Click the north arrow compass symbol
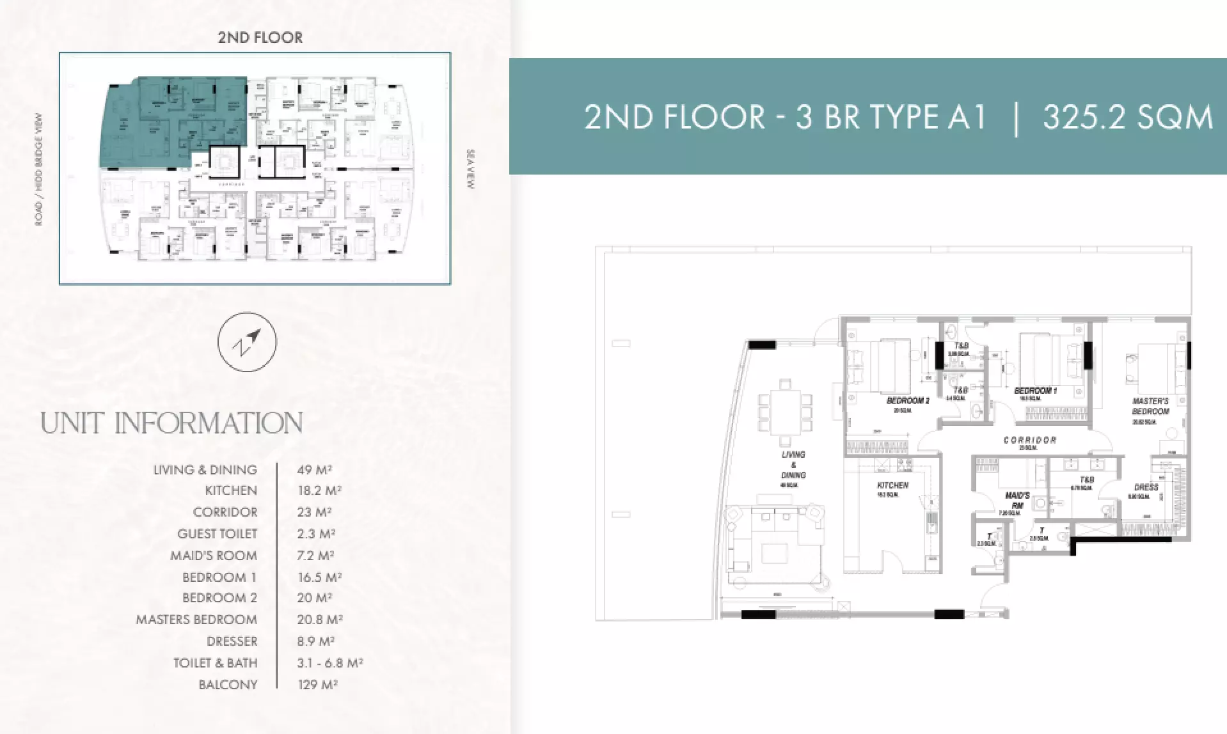[x=247, y=342]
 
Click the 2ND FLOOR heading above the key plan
[x=260, y=38]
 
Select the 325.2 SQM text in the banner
[x=1127, y=118]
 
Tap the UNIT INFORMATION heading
[x=171, y=424]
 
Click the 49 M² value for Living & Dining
[x=314, y=470]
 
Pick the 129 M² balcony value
[x=317, y=685]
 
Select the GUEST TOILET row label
[x=217, y=534]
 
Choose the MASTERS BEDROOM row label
[x=196, y=620]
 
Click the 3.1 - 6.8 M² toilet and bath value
[x=329, y=663]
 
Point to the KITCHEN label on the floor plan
[x=892, y=485]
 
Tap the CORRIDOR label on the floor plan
[x=1029, y=440]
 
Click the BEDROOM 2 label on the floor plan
[x=907, y=401]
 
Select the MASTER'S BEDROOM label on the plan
[x=1150, y=406]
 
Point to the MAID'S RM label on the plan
[x=1017, y=500]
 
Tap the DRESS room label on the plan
[x=1146, y=487]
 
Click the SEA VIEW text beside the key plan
[x=471, y=169]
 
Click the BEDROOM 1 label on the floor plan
[x=1035, y=390]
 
